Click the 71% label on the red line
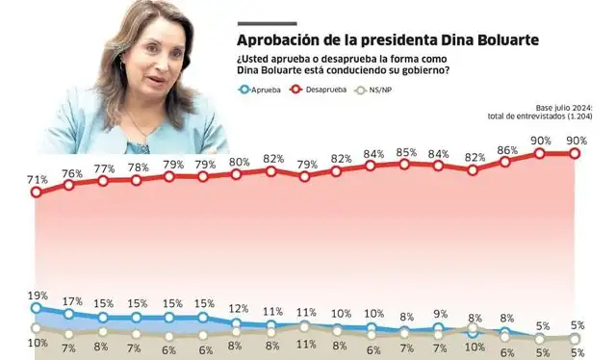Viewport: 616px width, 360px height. click(x=38, y=180)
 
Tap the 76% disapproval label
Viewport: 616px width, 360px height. click(x=70, y=173)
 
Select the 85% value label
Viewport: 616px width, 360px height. click(x=406, y=152)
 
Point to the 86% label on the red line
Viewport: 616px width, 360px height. click(x=507, y=151)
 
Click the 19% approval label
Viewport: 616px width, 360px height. click(x=36, y=296)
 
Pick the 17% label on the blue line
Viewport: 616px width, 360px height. click(x=70, y=300)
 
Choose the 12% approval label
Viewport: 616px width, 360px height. click(x=237, y=308)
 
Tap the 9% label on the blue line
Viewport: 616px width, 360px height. click(x=440, y=314)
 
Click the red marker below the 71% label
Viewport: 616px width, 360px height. click(x=37, y=193)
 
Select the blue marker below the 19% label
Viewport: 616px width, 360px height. click(x=37, y=308)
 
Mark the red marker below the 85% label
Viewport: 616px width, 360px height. click(x=405, y=165)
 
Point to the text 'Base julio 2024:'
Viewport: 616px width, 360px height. click(x=568, y=108)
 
